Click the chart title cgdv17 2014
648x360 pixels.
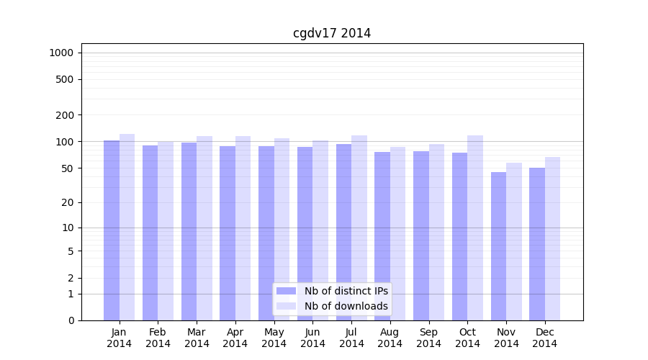(332, 33)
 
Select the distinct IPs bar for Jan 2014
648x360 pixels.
(112, 230)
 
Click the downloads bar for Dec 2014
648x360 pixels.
(552, 238)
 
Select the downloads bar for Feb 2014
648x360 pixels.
(166, 230)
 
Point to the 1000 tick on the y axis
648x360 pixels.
(61, 53)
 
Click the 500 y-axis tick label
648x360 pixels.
(66, 79)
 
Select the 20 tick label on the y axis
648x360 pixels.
(68, 202)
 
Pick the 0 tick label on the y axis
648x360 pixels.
(71, 320)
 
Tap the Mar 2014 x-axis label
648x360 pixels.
(197, 338)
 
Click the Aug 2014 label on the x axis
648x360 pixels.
(390, 338)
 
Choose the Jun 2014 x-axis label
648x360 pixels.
(312, 338)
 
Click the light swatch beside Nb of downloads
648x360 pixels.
(286, 306)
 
